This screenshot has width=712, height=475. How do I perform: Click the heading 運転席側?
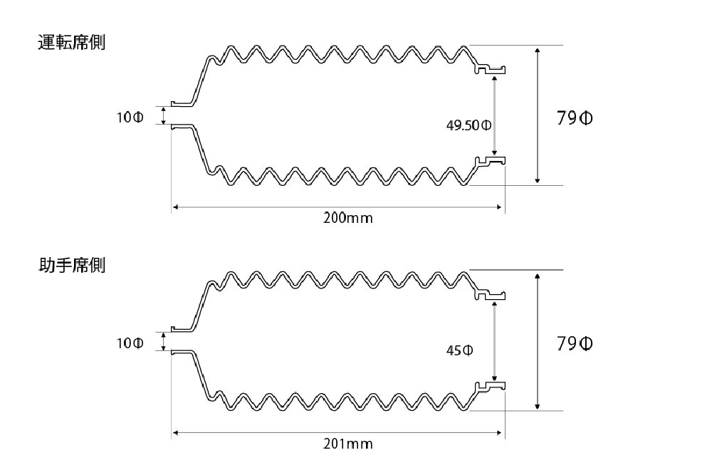pos(72,42)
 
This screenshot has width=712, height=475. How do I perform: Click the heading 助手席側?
pos(72,265)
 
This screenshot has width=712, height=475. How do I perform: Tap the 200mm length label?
pos(348,219)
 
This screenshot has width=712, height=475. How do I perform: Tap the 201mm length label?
pos(348,444)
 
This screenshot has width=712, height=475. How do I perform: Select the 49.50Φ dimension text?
pos(468,125)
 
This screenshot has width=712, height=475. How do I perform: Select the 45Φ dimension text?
pos(459,350)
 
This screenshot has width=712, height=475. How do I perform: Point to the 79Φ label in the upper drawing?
pos(575,118)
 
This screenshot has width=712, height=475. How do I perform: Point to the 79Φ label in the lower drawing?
pos(575,344)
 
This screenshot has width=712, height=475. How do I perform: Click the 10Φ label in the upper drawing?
pos(130,118)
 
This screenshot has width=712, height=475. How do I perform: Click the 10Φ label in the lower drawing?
pos(130,343)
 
